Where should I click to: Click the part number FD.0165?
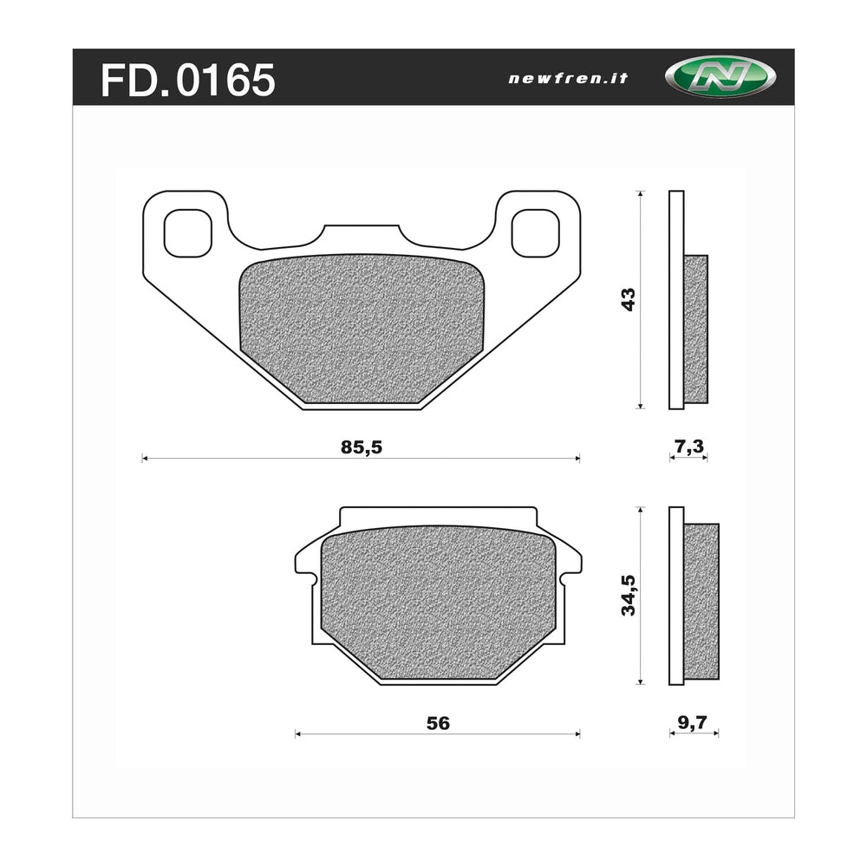tap(188, 80)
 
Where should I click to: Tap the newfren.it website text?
tap(568, 78)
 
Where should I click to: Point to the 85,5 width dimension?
tap(362, 447)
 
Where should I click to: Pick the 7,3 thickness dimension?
tap(688, 447)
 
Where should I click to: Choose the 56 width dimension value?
tap(439, 723)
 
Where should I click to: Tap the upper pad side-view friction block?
tap(696, 329)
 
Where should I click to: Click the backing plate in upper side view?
tap(676, 299)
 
